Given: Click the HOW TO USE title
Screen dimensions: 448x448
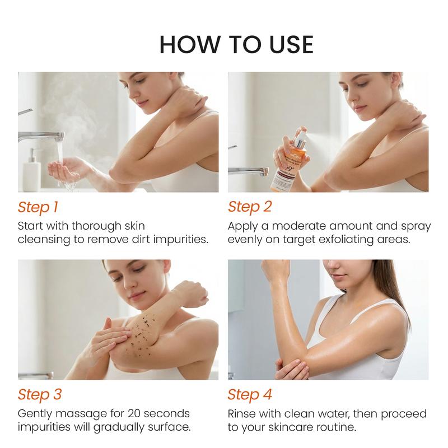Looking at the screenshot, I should [x=236, y=45].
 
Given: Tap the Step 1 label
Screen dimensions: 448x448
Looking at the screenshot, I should [x=38, y=207].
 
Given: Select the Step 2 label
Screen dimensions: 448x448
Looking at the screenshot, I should [x=249, y=207].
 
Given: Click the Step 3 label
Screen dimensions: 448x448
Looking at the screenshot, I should [x=39, y=394].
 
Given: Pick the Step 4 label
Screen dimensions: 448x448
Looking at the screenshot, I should [x=250, y=394].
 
